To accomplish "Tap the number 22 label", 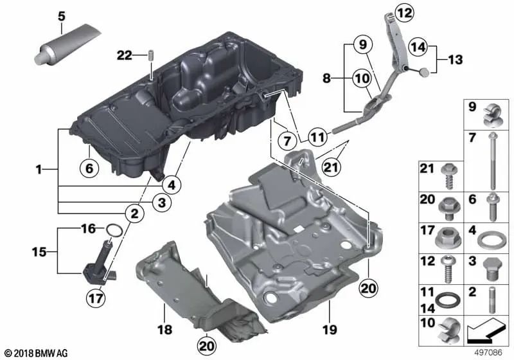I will click(125, 57).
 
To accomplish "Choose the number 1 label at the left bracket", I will click(40, 170).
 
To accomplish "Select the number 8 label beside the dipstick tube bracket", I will click(328, 79).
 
